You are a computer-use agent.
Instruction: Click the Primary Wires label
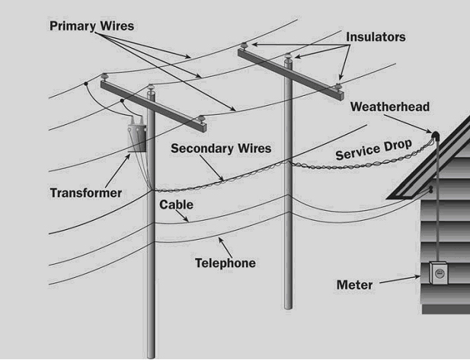pyautogui.click(x=91, y=26)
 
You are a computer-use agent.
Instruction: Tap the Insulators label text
pyautogui.click(x=376, y=37)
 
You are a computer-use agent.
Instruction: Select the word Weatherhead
pyautogui.click(x=390, y=107)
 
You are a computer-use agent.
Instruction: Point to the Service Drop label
pyautogui.click(x=373, y=150)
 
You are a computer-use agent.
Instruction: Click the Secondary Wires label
pyautogui.click(x=220, y=148)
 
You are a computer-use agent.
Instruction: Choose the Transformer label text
pyautogui.click(x=85, y=193)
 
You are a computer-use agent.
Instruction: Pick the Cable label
pyautogui.click(x=176, y=205)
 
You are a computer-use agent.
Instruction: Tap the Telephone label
pyautogui.click(x=225, y=263)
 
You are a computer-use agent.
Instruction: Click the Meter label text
pyautogui.click(x=354, y=285)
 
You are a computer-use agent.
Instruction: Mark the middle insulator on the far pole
pyautogui.click(x=288, y=56)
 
